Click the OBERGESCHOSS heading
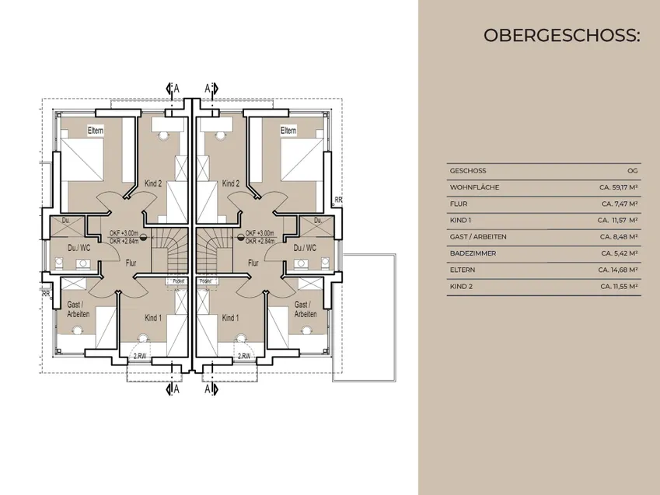pyautogui.click(x=560, y=36)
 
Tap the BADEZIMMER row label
pyautogui.click(x=469, y=253)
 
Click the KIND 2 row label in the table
pyautogui.click(x=460, y=286)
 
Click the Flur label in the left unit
pyautogui.click(x=131, y=263)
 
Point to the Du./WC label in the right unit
pyautogui.click(x=306, y=248)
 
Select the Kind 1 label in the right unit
pyautogui.click(x=230, y=319)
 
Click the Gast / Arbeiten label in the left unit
pyautogui.click(x=79, y=309)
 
